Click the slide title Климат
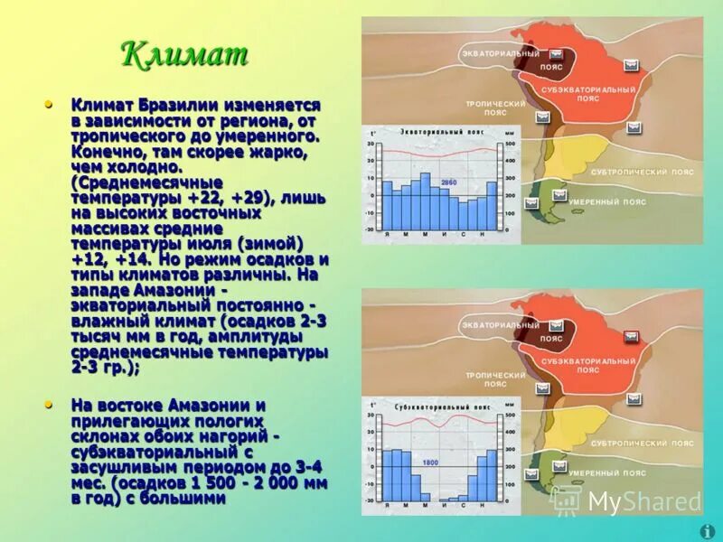tap(184, 55)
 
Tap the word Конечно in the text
tap(105, 152)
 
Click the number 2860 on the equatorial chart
tap(449, 183)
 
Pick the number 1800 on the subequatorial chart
tap(430, 463)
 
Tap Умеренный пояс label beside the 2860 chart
tap(608, 202)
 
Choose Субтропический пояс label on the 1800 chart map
tap(643, 443)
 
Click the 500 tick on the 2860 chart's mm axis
tap(510, 145)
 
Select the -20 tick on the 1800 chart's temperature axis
tap(369, 500)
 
